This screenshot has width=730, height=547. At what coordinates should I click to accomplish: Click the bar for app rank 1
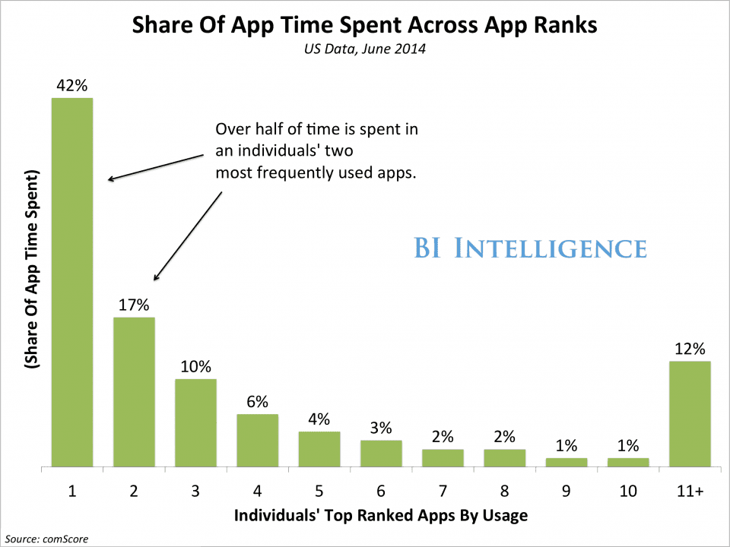pos(71,281)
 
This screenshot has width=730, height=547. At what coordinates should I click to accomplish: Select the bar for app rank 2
pos(134,391)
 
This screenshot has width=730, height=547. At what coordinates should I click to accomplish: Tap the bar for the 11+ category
pos(690,413)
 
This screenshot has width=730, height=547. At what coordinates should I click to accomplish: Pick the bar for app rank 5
pos(319,448)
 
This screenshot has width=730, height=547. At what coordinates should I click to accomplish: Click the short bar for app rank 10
pos(628,461)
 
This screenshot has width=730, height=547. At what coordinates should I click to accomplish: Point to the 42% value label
pos(71,85)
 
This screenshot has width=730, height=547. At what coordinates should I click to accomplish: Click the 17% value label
pos(134,305)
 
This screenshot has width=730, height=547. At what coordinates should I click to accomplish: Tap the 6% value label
pos(257,402)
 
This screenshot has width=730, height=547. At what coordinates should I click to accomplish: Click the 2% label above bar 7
pos(443,437)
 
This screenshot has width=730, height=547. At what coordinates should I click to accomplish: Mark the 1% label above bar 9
pos(567,446)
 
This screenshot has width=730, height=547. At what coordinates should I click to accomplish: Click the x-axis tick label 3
pos(195,492)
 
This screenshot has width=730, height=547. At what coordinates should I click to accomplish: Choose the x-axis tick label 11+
pos(690,492)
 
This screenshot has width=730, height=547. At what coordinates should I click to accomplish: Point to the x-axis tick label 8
pos(504,492)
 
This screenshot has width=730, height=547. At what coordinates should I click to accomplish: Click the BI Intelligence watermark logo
pos(530,248)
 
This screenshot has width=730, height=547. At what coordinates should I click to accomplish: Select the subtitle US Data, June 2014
pos(365,51)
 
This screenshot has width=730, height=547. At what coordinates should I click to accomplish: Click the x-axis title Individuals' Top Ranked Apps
pos(380,516)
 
